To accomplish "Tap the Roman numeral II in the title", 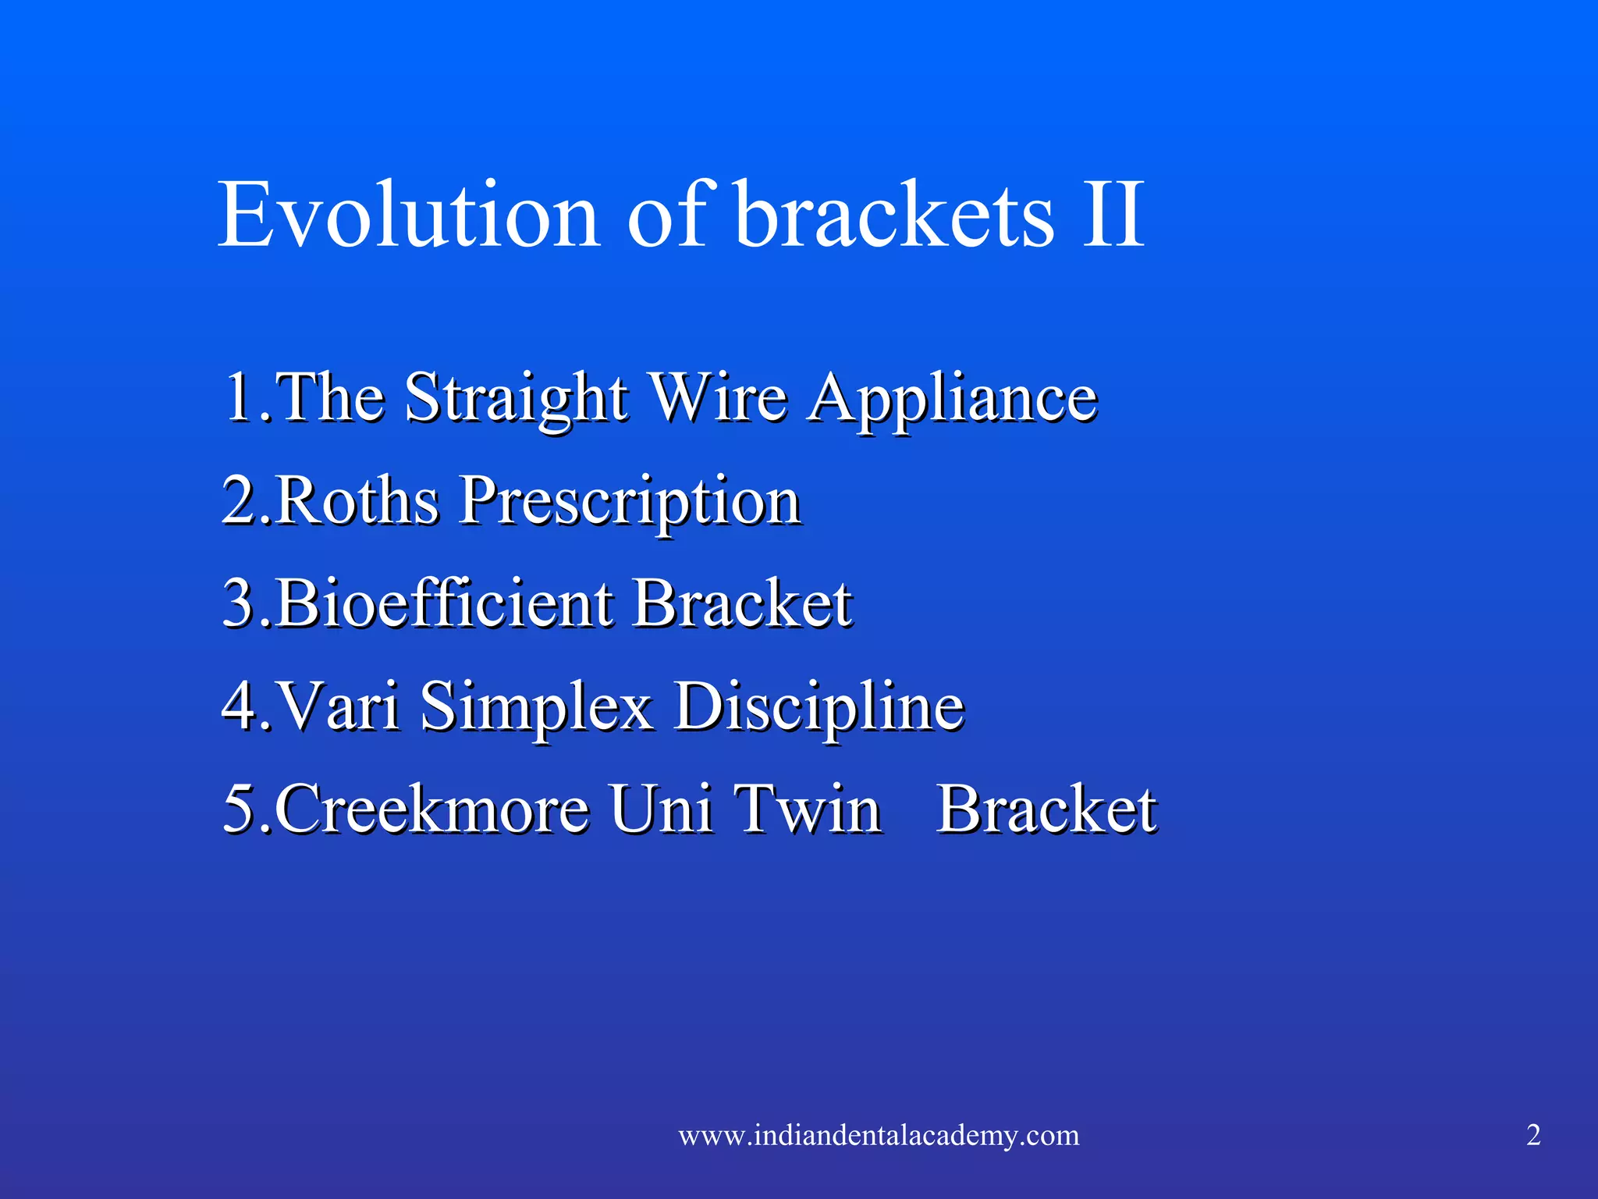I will click(1113, 215).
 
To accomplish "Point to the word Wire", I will click(719, 398).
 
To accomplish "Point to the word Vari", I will click(339, 706).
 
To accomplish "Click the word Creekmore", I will click(431, 809).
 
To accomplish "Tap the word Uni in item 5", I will click(660, 809).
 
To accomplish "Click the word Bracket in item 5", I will click(1046, 809).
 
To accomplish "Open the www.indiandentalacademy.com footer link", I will click(879, 1135).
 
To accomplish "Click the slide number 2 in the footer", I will click(1533, 1135).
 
